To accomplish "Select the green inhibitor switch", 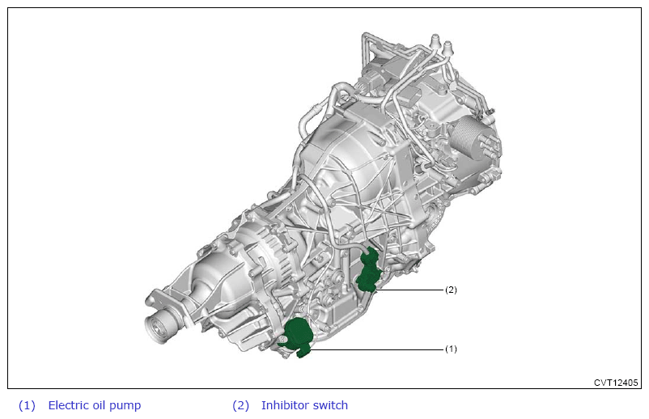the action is (370, 271).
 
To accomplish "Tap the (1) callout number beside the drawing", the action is (451, 349).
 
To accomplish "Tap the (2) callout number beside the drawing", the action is (451, 290).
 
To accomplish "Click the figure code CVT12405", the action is (616, 383).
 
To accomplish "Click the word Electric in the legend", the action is (67, 405).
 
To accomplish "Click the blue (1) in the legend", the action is (27, 405).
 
